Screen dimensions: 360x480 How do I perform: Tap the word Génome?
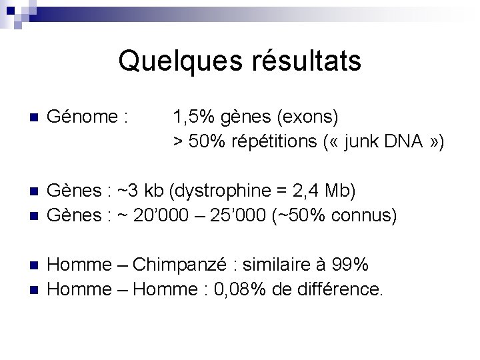(x=85, y=118)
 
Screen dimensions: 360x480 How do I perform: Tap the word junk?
(x=367, y=141)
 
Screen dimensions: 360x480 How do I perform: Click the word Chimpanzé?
(x=175, y=265)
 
